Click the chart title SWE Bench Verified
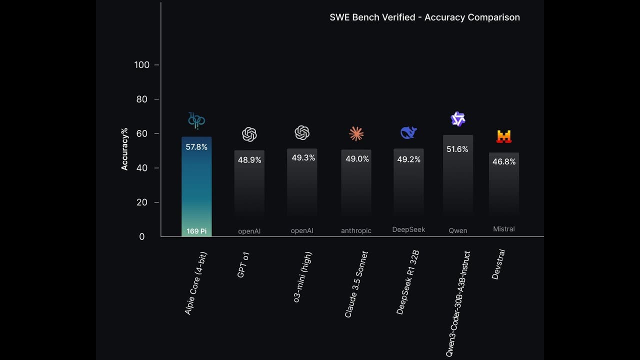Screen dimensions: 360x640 coord(424,17)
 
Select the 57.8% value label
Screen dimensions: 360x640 coord(196,147)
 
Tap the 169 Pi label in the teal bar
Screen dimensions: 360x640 coord(196,231)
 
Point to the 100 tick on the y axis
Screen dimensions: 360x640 coord(142,65)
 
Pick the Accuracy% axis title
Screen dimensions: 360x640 coord(124,149)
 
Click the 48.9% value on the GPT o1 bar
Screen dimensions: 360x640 coord(249,160)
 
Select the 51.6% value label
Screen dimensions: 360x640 coord(457,149)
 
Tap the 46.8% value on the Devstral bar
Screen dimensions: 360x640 coord(504,161)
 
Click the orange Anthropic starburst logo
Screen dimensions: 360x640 coord(356,133)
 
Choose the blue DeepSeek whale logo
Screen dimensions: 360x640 coord(408,132)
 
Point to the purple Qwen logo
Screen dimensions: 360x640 coord(457,119)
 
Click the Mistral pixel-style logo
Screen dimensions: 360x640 coord(504,136)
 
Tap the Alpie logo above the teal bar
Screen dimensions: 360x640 coord(196,120)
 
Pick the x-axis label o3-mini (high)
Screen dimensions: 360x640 coord(303,277)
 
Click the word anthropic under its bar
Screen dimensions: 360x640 coord(356,230)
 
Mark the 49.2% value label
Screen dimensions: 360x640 coord(408,159)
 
